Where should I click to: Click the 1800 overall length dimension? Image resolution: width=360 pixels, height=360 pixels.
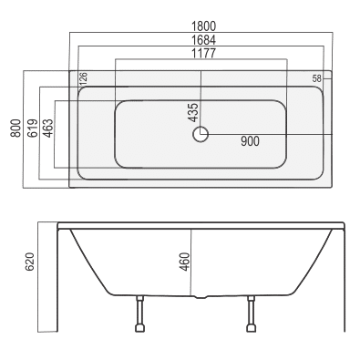point(203,26)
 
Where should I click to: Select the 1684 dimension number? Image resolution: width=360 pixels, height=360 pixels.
point(203,40)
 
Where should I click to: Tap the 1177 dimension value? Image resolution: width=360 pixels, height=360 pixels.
point(203,53)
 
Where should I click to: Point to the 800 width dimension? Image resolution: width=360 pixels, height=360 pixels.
point(15,129)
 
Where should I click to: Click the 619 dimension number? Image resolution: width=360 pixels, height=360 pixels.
point(33,129)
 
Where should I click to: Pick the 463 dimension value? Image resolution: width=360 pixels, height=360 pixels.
point(48,129)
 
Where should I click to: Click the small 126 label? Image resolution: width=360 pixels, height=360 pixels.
point(83,78)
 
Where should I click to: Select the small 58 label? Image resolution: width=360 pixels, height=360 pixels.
point(316,78)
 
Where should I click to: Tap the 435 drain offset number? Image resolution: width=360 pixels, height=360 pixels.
point(193,113)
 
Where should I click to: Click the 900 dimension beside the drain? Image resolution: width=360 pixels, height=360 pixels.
point(250,141)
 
